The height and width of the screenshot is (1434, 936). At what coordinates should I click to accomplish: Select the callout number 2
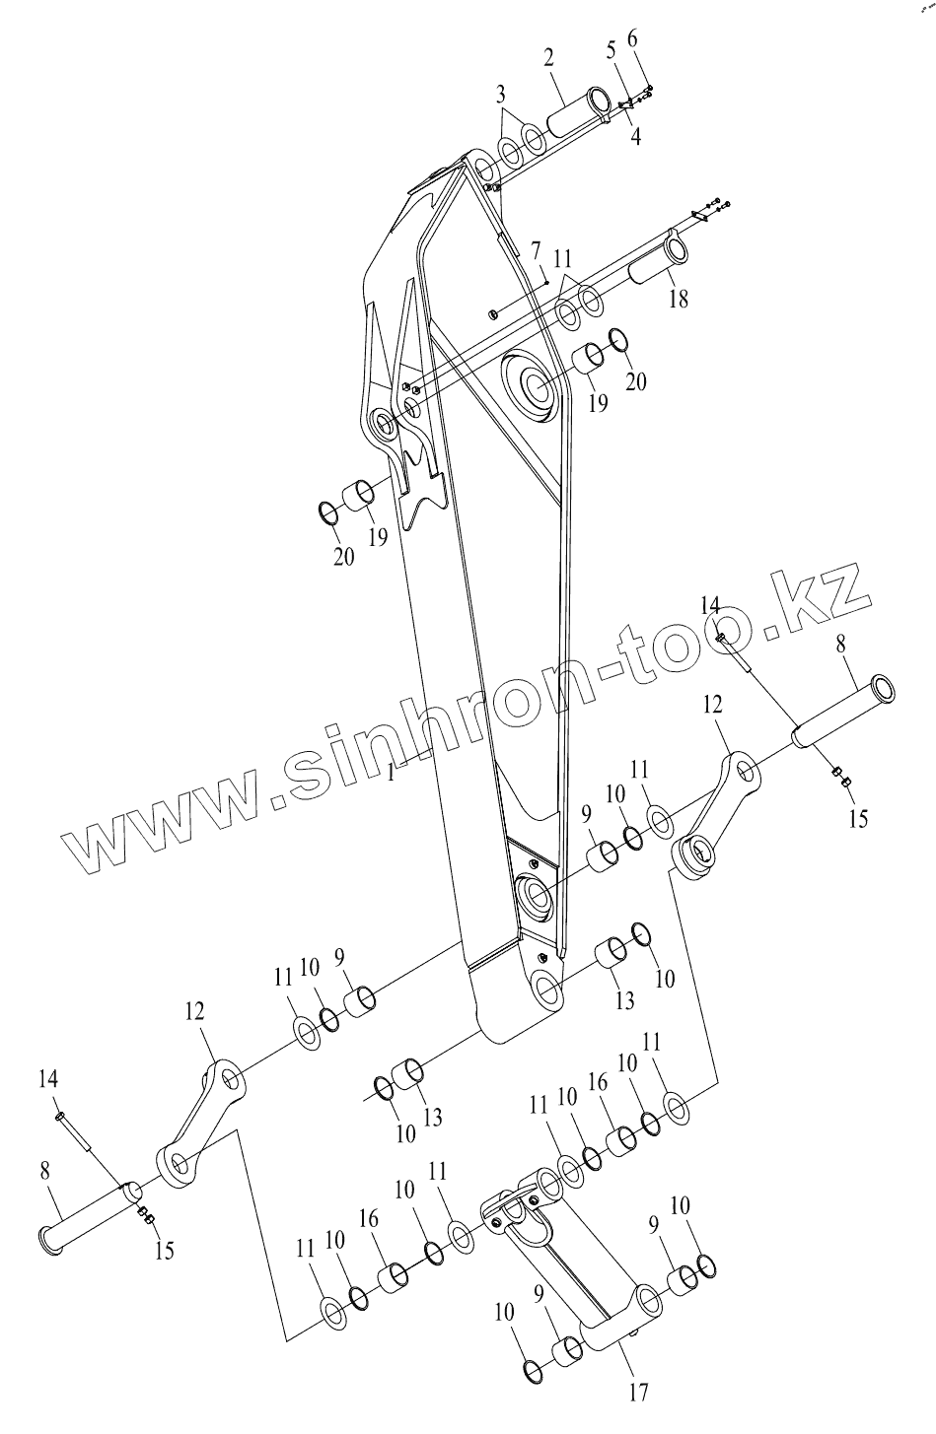pos(549,57)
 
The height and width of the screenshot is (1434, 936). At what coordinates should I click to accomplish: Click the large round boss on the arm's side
pos(533,386)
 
